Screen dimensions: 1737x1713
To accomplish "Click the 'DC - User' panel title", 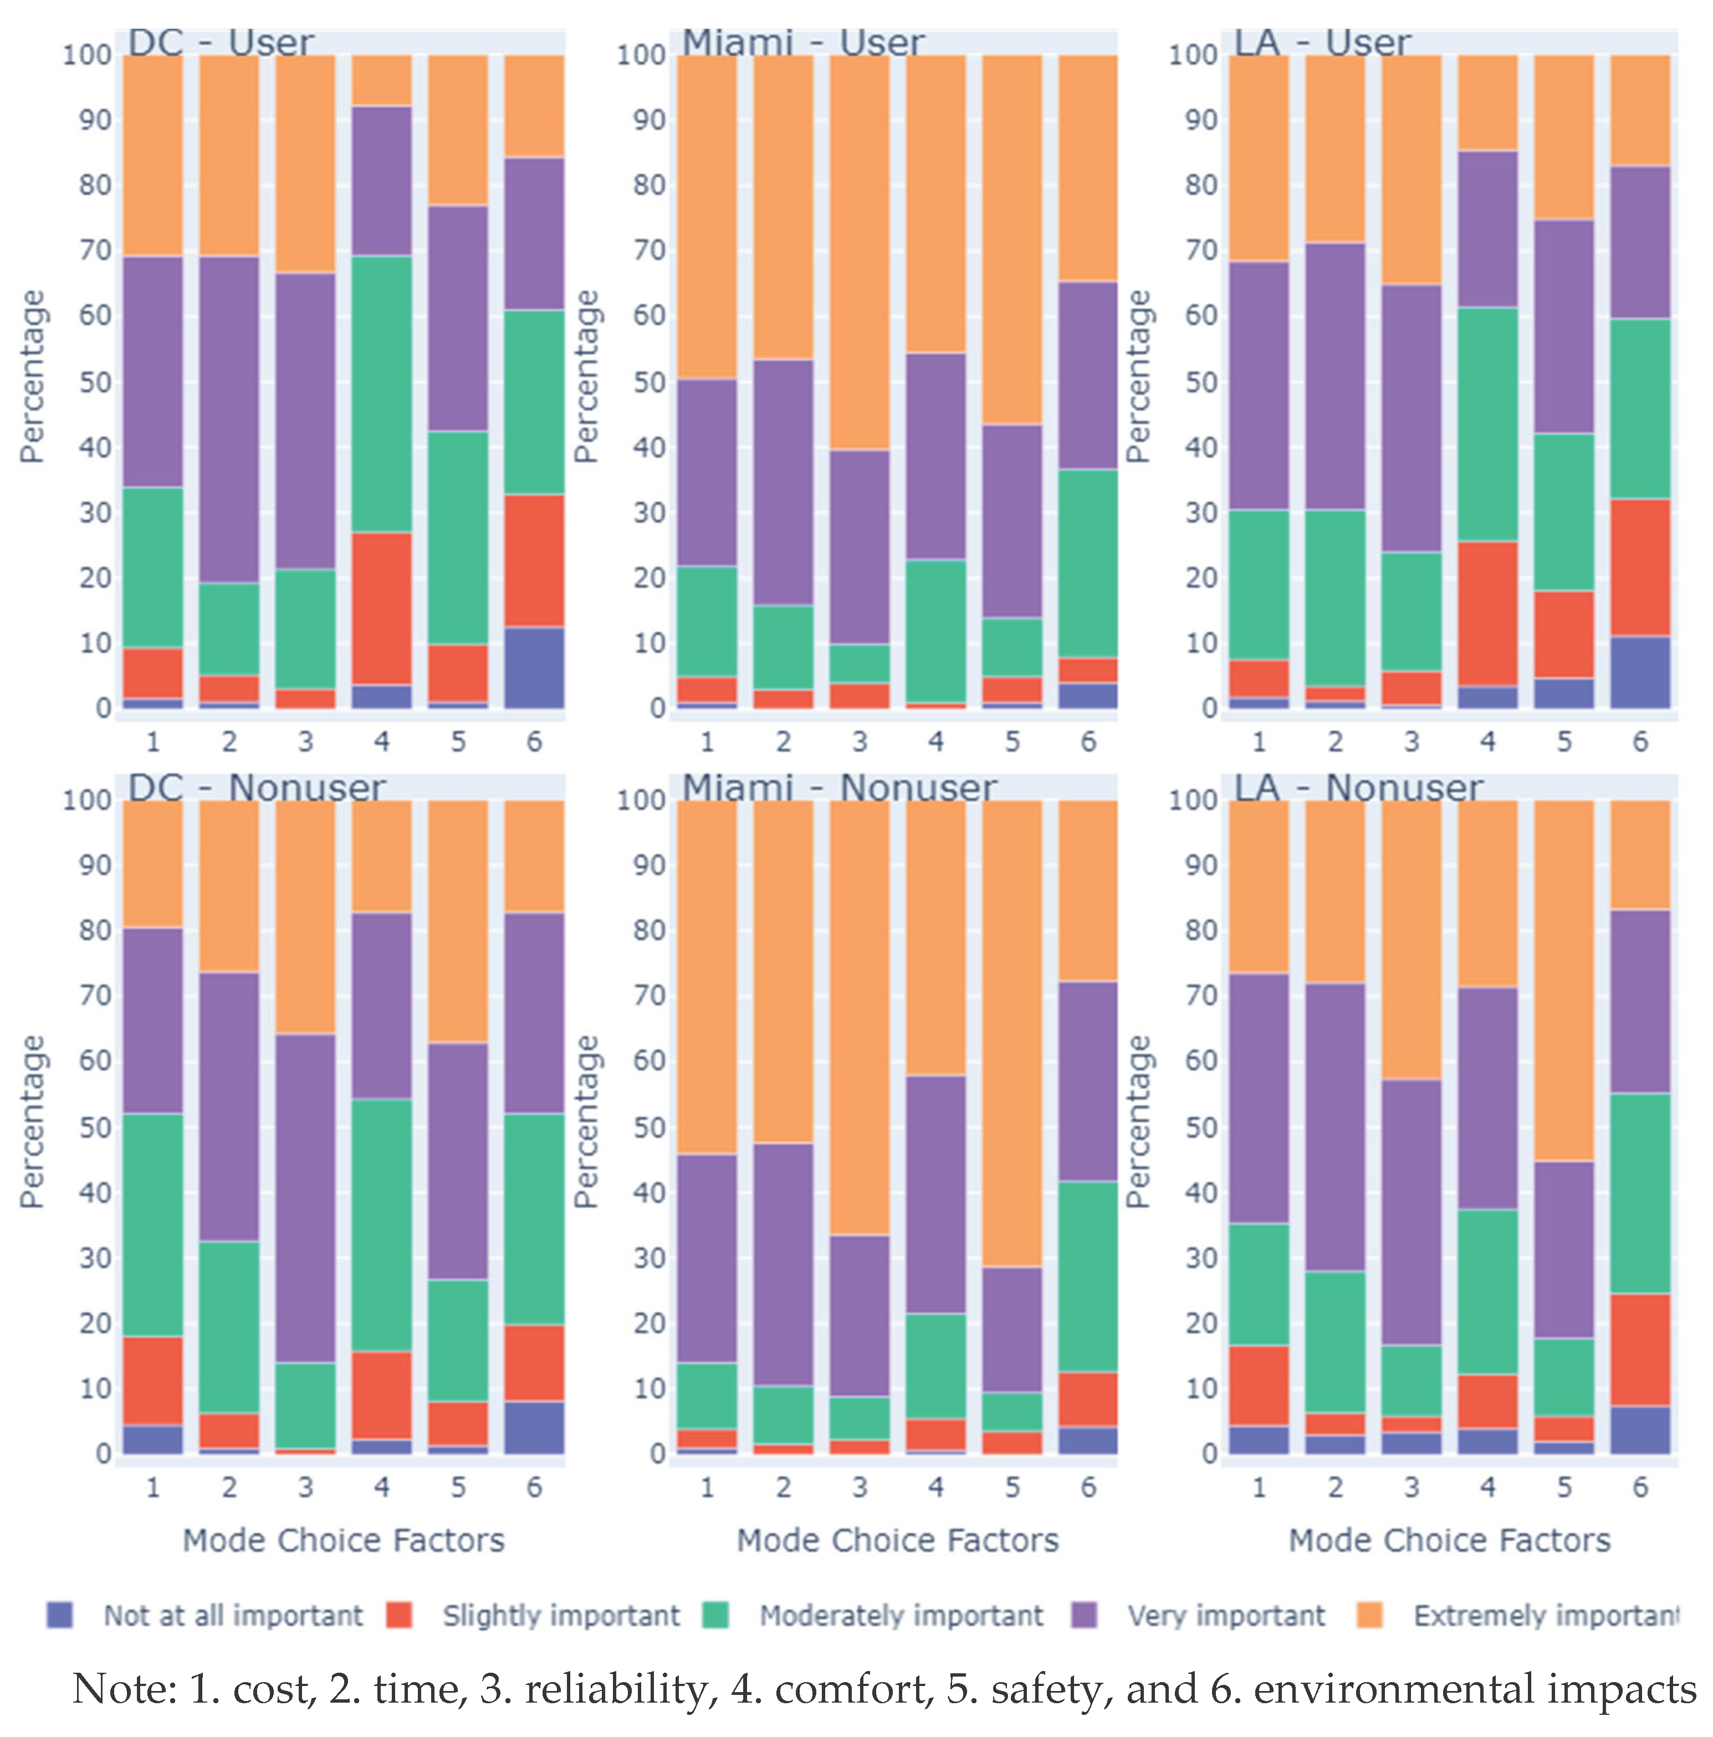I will click(221, 42).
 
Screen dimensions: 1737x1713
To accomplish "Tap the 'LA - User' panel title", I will click(1321, 42).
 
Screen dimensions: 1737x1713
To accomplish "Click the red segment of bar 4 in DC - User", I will click(381, 609).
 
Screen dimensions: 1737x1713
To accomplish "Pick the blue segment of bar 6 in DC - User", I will click(534, 667).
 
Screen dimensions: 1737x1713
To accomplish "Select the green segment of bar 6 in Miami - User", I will click(1087, 563).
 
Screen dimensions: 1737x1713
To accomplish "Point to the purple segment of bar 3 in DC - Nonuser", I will click(305, 1198).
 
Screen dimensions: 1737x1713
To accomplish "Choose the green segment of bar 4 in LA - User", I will click(1487, 424).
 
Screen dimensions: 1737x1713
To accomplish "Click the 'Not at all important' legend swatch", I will click(60, 1616).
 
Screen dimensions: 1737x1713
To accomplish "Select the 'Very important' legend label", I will click(1226, 1616).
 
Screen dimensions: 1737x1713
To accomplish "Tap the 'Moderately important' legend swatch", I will click(715, 1616).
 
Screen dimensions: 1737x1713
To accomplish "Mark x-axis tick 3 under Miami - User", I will click(859, 742).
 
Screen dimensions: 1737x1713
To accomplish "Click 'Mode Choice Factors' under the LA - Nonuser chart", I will click(1449, 1540).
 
